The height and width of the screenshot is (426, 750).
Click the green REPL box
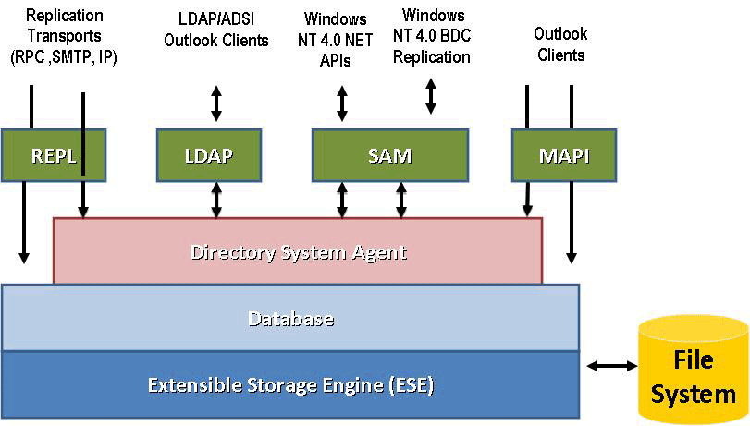52,155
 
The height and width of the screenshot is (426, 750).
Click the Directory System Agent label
298,251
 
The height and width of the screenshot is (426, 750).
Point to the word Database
290,319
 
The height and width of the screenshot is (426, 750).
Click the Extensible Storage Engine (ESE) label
291,383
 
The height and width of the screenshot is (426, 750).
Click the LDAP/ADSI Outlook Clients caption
216,30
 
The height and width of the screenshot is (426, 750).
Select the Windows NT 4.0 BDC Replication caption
432,37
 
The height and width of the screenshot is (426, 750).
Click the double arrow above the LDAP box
216,103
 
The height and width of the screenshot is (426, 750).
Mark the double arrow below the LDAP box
216,199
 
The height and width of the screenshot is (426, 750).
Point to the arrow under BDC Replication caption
431,96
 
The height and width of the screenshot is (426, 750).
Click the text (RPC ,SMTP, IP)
65,57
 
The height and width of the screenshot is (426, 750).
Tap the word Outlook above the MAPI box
560,34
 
